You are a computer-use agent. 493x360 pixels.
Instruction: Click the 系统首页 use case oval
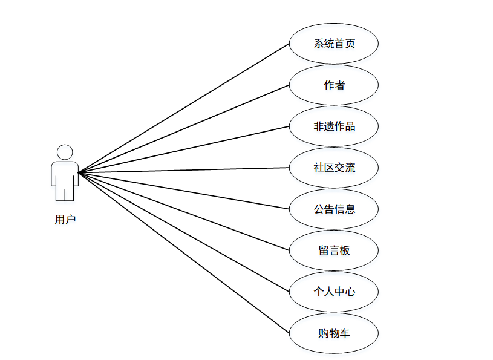(334, 44)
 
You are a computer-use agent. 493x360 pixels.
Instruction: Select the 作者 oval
(334, 85)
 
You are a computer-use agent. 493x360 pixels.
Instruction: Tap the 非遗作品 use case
(334, 126)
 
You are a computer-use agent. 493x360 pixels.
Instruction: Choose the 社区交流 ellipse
(334, 168)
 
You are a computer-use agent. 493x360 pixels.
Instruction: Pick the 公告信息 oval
(334, 209)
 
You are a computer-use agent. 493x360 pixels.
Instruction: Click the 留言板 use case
(334, 250)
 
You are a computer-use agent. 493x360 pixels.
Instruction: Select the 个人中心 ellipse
(334, 291)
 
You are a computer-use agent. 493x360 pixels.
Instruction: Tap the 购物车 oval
(334, 333)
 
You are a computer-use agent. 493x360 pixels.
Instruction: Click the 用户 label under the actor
(65, 220)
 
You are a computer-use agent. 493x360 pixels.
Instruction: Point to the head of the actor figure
(65, 152)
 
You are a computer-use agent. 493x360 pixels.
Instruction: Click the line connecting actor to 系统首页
(184, 108)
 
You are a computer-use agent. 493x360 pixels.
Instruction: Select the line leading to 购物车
(184, 252)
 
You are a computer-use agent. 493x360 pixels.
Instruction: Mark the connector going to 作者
(184, 129)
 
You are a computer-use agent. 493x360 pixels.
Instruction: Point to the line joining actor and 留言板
(184, 211)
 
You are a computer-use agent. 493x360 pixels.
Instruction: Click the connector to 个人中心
(184, 232)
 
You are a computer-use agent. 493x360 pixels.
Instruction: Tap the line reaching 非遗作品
(184, 149)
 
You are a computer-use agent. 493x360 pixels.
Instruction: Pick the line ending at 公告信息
(184, 191)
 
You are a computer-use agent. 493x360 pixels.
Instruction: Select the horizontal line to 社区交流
(184, 170)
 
